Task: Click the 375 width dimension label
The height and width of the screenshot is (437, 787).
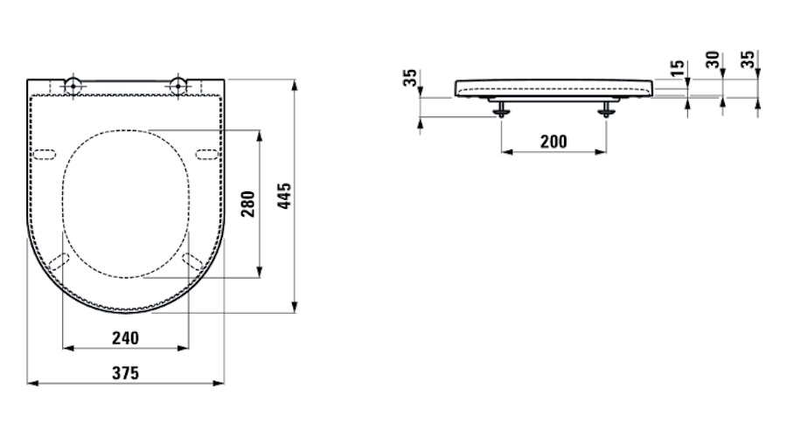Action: tap(125, 373)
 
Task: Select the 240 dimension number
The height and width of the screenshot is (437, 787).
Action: tap(125, 338)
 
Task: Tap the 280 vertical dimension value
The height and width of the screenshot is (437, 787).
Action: tap(248, 204)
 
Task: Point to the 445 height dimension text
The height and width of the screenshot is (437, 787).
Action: tap(284, 196)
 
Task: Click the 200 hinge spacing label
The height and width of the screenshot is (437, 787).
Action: tap(554, 142)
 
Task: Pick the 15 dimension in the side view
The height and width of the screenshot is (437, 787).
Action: tap(677, 67)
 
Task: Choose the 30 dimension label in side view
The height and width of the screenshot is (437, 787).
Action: tap(713, 59)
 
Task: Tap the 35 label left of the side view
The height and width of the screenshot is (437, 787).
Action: tap(410, 78)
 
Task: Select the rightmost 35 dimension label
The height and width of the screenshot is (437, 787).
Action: tap(748, 59)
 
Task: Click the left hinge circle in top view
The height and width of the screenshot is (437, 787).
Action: tap(73, 86)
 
